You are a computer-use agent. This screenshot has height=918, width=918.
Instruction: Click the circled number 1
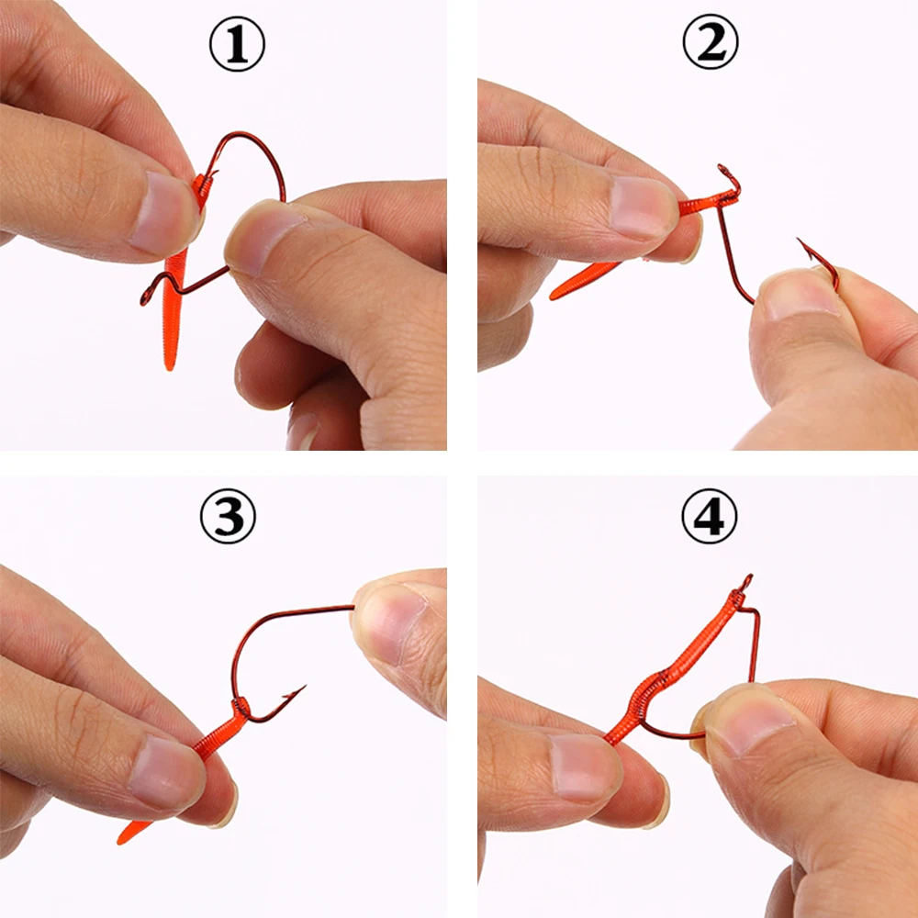pos(238,45)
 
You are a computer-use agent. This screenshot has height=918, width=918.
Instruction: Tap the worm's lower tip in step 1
pos(169,365)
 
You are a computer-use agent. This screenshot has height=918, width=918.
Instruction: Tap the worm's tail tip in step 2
pos(554,296)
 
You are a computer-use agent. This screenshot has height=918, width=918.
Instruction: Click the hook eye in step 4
pos(745,580)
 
